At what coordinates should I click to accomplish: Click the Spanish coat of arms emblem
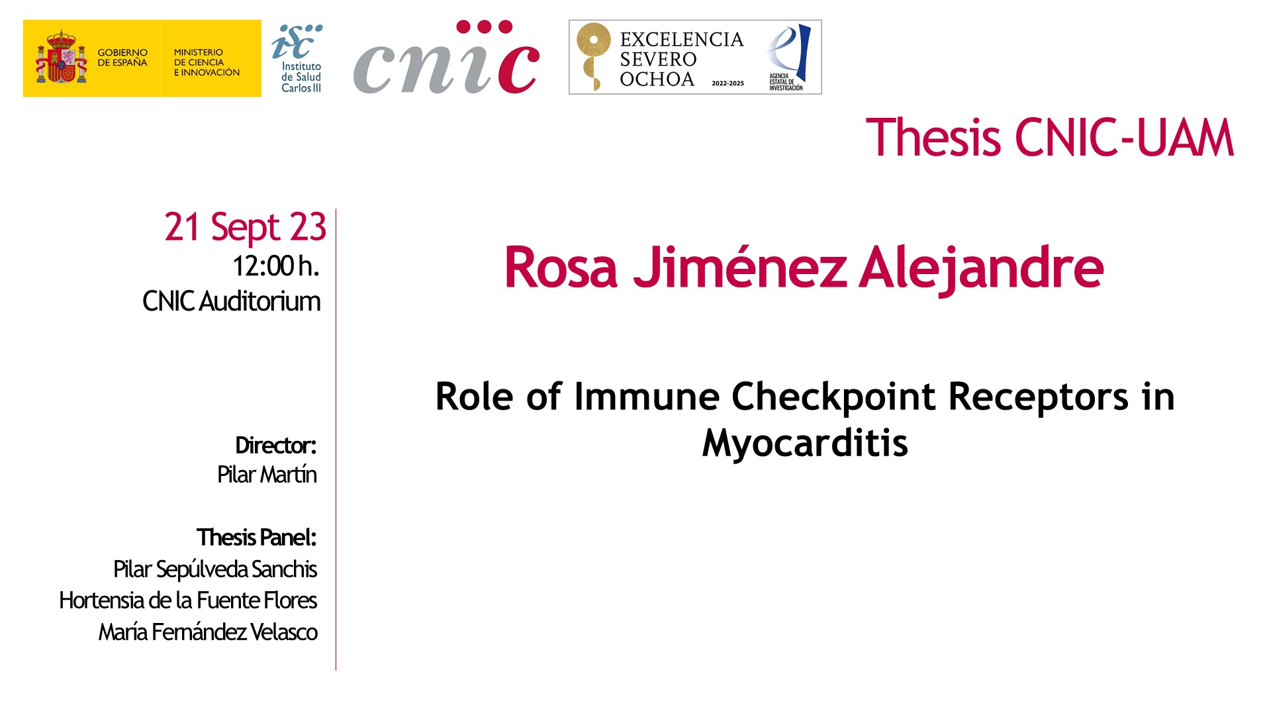pos(62,57)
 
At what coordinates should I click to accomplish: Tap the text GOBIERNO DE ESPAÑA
pos(122,58)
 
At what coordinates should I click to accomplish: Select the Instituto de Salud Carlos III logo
pos(297,58)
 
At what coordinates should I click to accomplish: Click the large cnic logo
pos(447,58)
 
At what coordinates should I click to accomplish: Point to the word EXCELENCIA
pos(682,40)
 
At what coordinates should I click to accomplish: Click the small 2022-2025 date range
pos(728,83)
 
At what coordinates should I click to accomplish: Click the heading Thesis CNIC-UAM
pos(1050,138)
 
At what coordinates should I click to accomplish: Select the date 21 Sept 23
pos(245,227)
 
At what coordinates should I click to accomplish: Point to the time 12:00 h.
pos(276,266)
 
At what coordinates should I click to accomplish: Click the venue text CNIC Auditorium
pos(232,301)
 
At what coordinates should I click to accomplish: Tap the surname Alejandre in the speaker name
pos(981,268)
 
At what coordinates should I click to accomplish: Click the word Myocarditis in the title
pos(805,443)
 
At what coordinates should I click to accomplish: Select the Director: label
pos(276,446)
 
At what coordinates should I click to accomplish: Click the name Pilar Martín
pos(267,475)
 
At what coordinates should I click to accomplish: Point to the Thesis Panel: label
pos(257,538)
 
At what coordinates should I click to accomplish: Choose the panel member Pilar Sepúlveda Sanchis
pos(215,569)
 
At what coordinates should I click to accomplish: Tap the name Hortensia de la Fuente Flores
pos(188,600)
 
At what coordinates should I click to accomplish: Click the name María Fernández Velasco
pos(208,632)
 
